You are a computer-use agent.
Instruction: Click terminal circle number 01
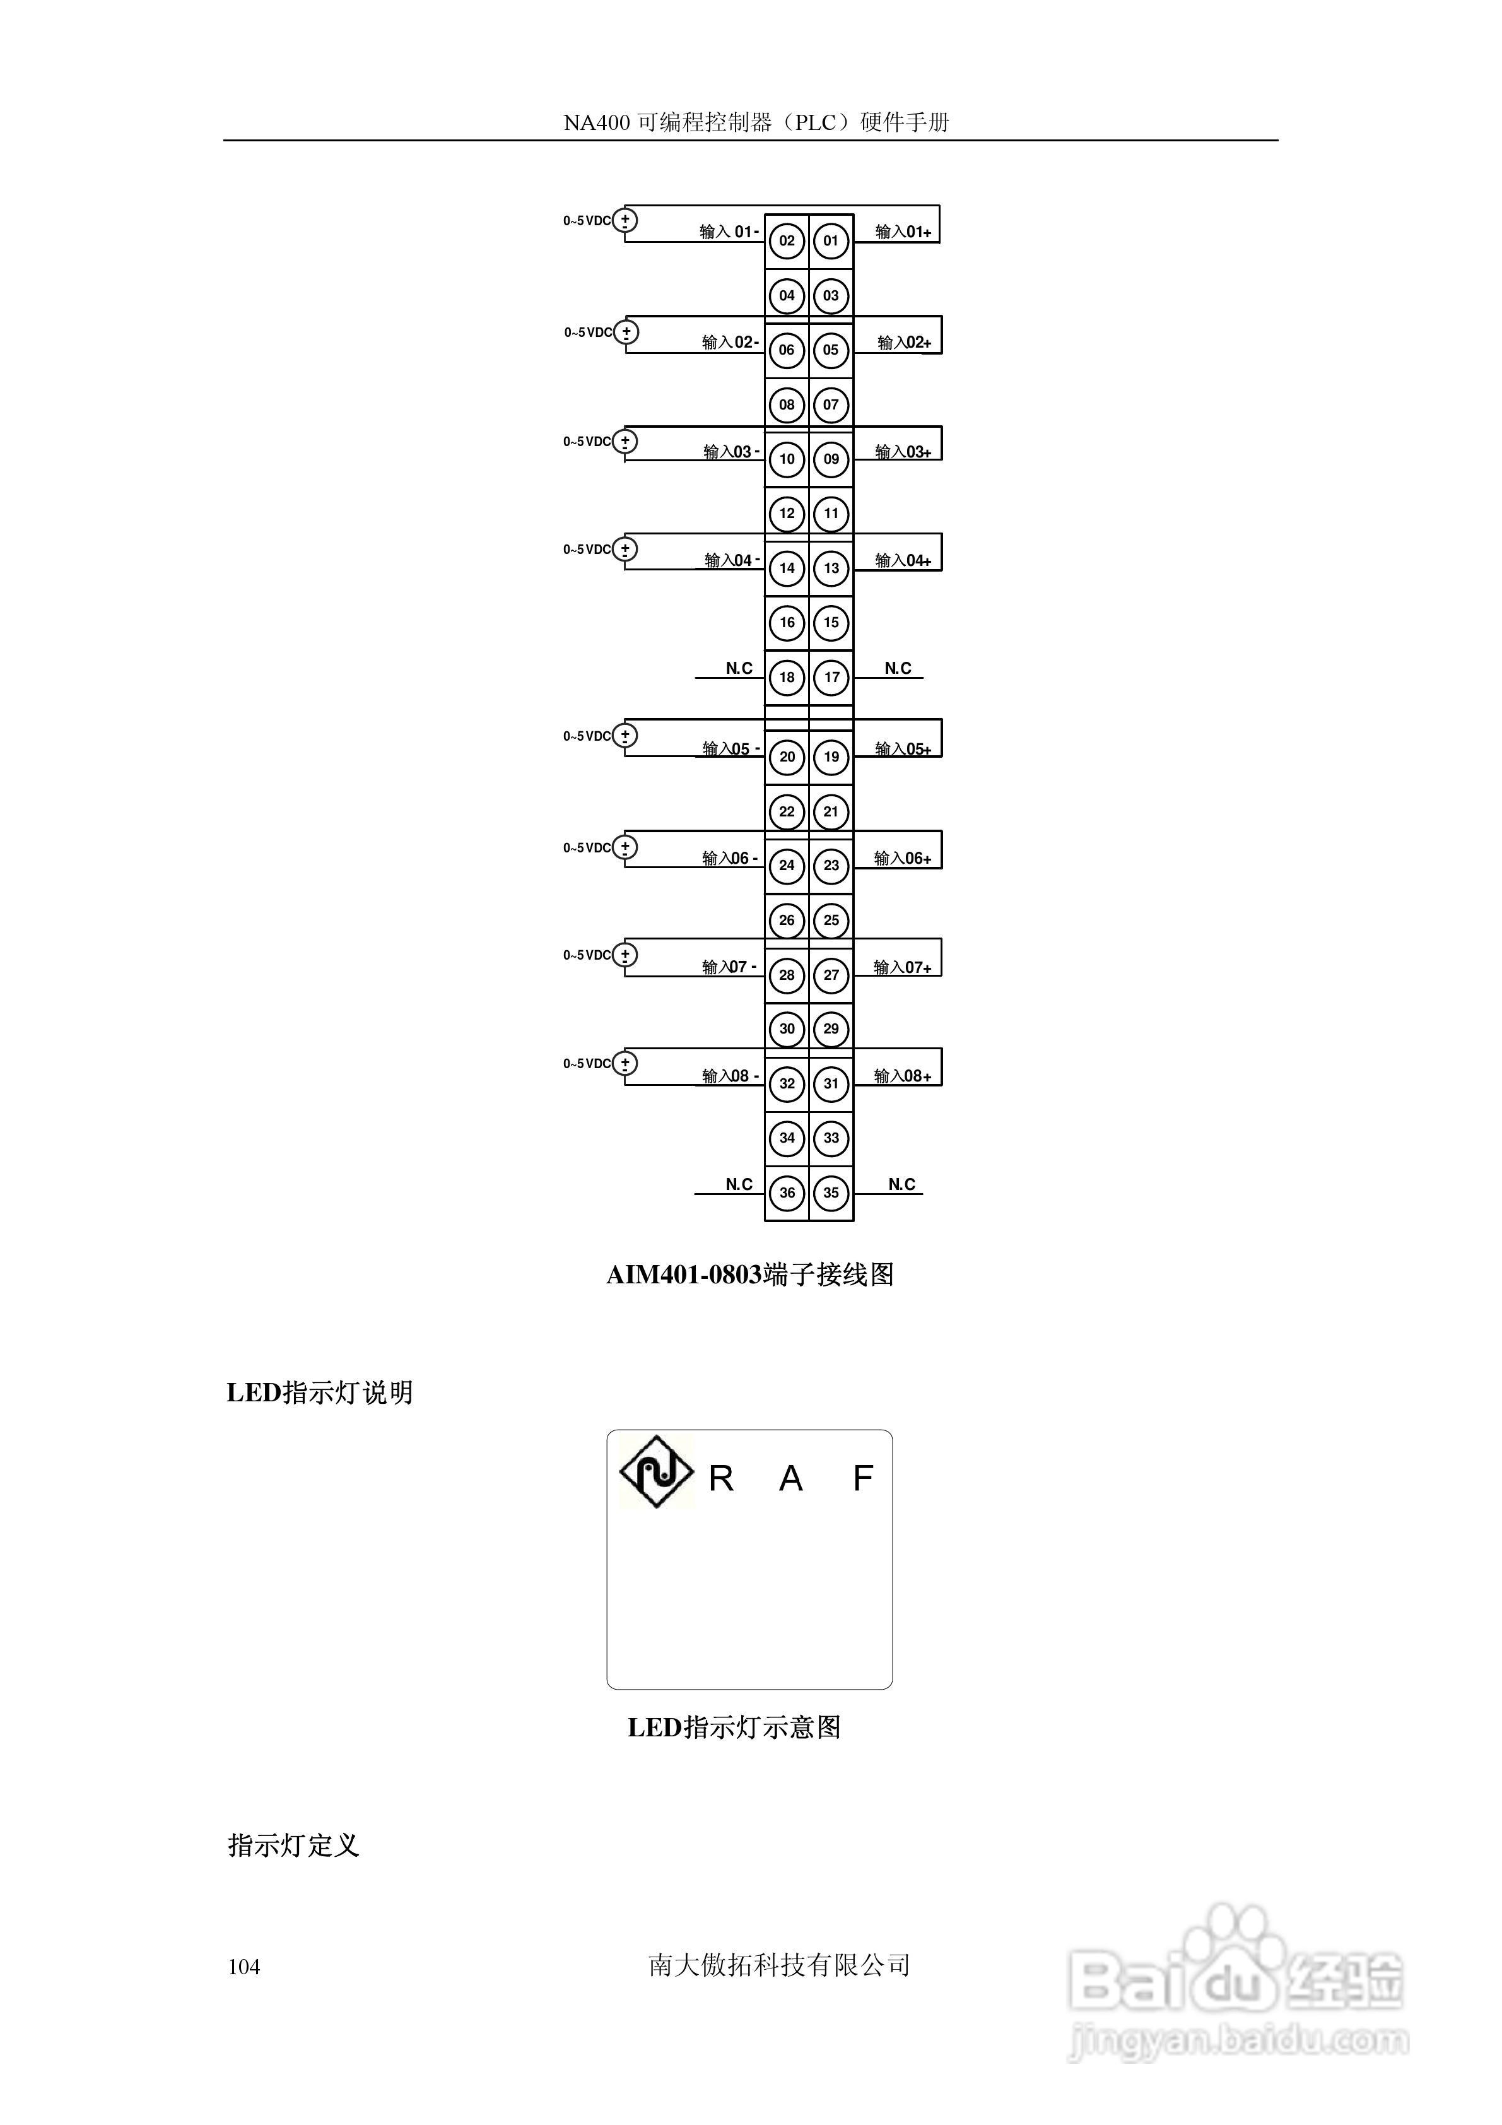click(x=830, y=242)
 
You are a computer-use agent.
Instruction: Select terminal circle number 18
click(x=787, y=678)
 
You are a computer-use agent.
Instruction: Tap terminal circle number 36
click(x=787, y=1193)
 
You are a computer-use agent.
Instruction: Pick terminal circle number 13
click(x=831, y=568)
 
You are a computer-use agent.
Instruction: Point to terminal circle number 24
click(x=787, y=866)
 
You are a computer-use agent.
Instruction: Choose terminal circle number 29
click(x=831, y=1029)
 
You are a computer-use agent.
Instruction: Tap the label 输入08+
click(x=902, y=1076)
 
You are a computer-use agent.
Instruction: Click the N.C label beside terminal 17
click(x=898, y=668)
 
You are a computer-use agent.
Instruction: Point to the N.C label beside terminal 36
click(x=739, y=1185)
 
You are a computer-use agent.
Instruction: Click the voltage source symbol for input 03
click(x=626, y=442)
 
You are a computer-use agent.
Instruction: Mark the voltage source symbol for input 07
click(x=626, y=955)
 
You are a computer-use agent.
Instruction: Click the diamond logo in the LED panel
click(x=655, y=1471)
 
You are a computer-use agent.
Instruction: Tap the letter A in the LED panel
click(x=790, y=1479)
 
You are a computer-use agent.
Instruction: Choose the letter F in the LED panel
click(x=862, y=1478)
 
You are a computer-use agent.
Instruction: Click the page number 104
click(x=244, y=1967)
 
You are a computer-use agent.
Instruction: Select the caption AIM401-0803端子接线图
click(x=749, y=1275)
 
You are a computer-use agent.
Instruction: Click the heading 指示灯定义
click(x=293, y=1845)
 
